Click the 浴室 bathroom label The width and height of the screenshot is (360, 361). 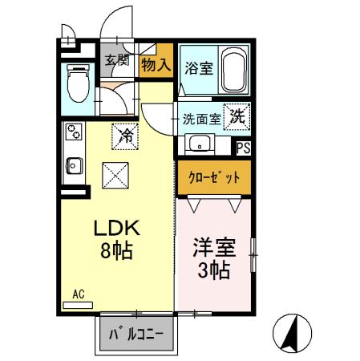coord(198,68)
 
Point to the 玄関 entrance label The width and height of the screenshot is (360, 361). coord(117,60)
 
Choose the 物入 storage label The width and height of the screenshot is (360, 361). coord(156,63)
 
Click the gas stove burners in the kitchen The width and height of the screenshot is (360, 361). coord(73,129)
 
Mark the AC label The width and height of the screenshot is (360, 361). coord(79,294)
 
